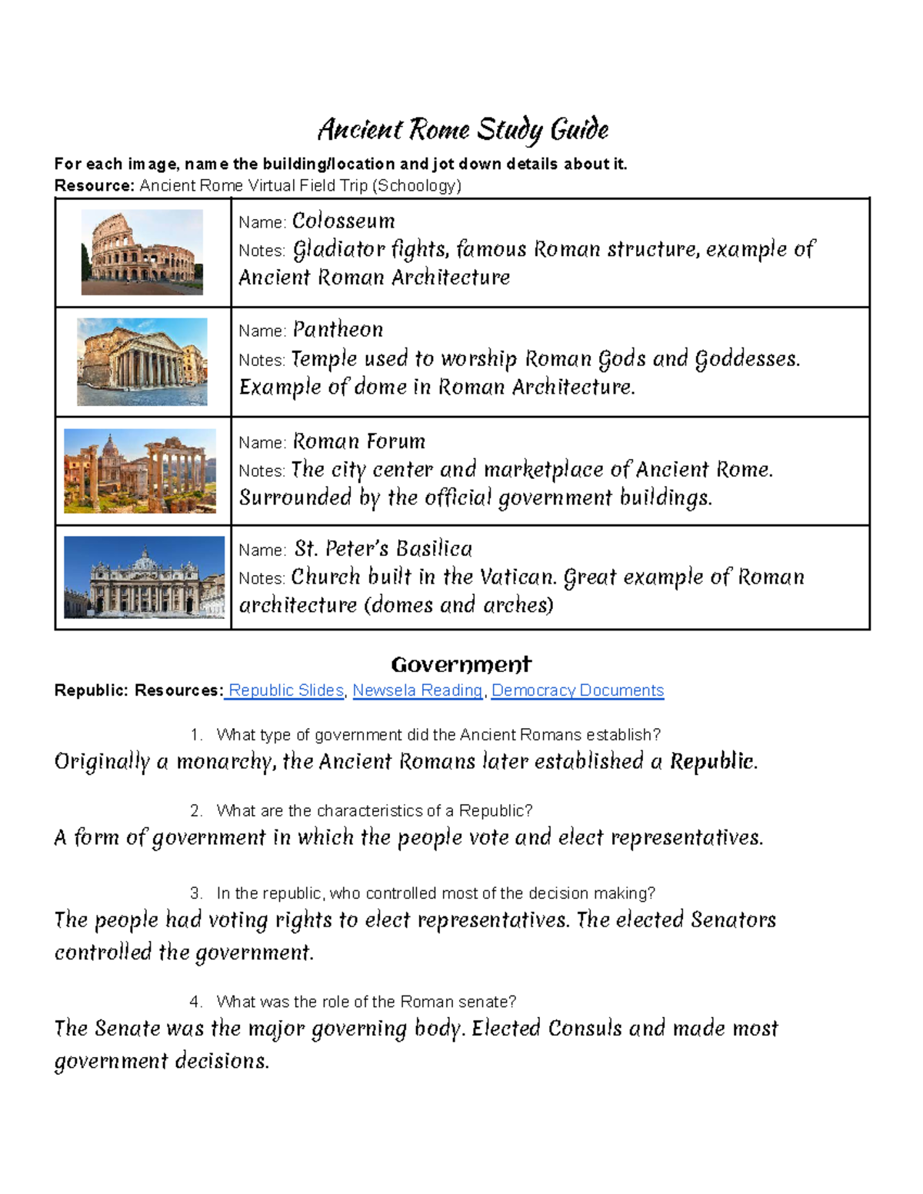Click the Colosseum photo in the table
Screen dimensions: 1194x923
142,252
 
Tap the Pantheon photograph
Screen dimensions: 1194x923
142,361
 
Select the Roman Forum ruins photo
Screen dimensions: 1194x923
140,471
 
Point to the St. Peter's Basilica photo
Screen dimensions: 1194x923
144,577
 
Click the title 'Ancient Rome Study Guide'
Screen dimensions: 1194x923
463,129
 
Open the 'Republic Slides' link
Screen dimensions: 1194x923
285,690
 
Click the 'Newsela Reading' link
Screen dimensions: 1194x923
417,690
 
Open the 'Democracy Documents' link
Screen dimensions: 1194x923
578,690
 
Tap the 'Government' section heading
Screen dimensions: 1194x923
461,664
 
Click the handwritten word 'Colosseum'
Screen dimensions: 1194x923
343,221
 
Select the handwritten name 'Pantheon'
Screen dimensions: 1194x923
338,330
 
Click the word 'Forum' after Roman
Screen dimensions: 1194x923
396,441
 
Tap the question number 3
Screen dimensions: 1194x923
196,893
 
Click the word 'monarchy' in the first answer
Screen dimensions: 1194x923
224,762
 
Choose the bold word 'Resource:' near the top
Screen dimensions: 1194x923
94,185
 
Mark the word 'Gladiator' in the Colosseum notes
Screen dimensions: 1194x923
338,250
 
